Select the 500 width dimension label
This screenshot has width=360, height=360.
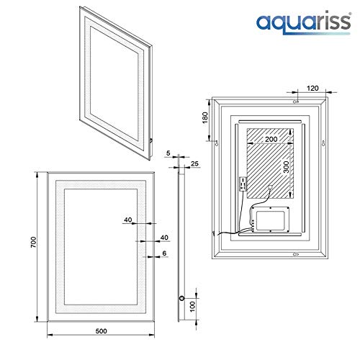pos(100,332)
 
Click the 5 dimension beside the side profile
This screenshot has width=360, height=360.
pos(168,153)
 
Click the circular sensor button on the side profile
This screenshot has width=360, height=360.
pos(182,297)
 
